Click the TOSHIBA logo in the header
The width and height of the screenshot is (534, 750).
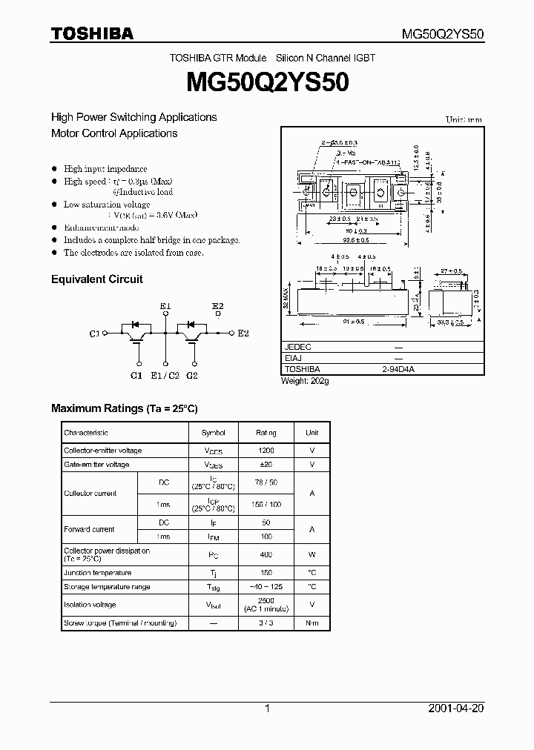[92, 33]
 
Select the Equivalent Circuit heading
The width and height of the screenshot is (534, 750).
[96, 279]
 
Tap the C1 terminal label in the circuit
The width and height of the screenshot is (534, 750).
[94, 334]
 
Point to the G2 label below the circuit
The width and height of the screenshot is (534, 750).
[192, 376]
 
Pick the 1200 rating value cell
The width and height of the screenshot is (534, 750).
[266, 451]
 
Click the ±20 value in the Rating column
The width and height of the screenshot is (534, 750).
[266, 465]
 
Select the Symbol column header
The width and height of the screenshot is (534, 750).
[214, 433]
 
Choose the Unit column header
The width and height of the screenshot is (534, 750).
[312, 433]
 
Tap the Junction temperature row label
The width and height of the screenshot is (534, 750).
[97, 573]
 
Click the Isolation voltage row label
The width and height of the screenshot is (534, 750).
[90, 605]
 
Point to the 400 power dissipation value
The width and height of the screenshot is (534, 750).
[266, 554]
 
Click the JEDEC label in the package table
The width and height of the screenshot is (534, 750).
[298, 347]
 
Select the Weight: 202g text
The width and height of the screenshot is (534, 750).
[305, 381]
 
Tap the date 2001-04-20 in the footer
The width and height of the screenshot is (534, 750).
[456, 708]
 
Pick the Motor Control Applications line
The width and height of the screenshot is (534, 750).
[114, 134]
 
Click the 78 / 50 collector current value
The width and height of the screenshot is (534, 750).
[266, 482]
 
